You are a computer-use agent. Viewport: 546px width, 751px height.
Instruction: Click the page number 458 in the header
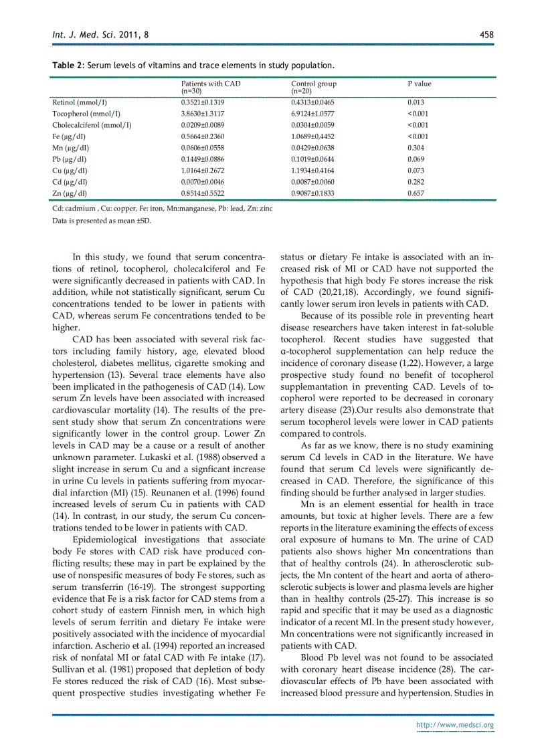pyautogui.click(x=486, y=34)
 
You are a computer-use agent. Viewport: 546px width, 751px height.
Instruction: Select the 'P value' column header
pyautogui.click(x=420, y=84)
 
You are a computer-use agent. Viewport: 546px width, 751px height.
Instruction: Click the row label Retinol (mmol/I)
pyautogui.click(x=80, y=102)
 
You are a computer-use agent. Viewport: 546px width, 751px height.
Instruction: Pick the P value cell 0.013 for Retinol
pyautogui.click(x=416, y=102)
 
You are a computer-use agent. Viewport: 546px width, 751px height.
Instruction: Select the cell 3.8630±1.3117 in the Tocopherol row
pyautogui.click(x=202, y=114)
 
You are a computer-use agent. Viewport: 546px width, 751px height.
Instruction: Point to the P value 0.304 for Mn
pyautogui.click(x=416, y=148)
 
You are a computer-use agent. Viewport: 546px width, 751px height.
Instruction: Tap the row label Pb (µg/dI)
pyautogui.click(x=70, y=159)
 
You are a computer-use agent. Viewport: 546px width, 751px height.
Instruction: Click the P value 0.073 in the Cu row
pyautogui.click(x=416, y=171)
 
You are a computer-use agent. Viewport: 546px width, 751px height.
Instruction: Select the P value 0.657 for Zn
pyautogui.click(x=416, y=193)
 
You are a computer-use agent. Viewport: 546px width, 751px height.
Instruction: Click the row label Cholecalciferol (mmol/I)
pyautogui.click(x=92, y=125)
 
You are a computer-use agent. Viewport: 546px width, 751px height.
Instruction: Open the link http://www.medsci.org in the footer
pyautogui.click(x=455, y=725)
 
